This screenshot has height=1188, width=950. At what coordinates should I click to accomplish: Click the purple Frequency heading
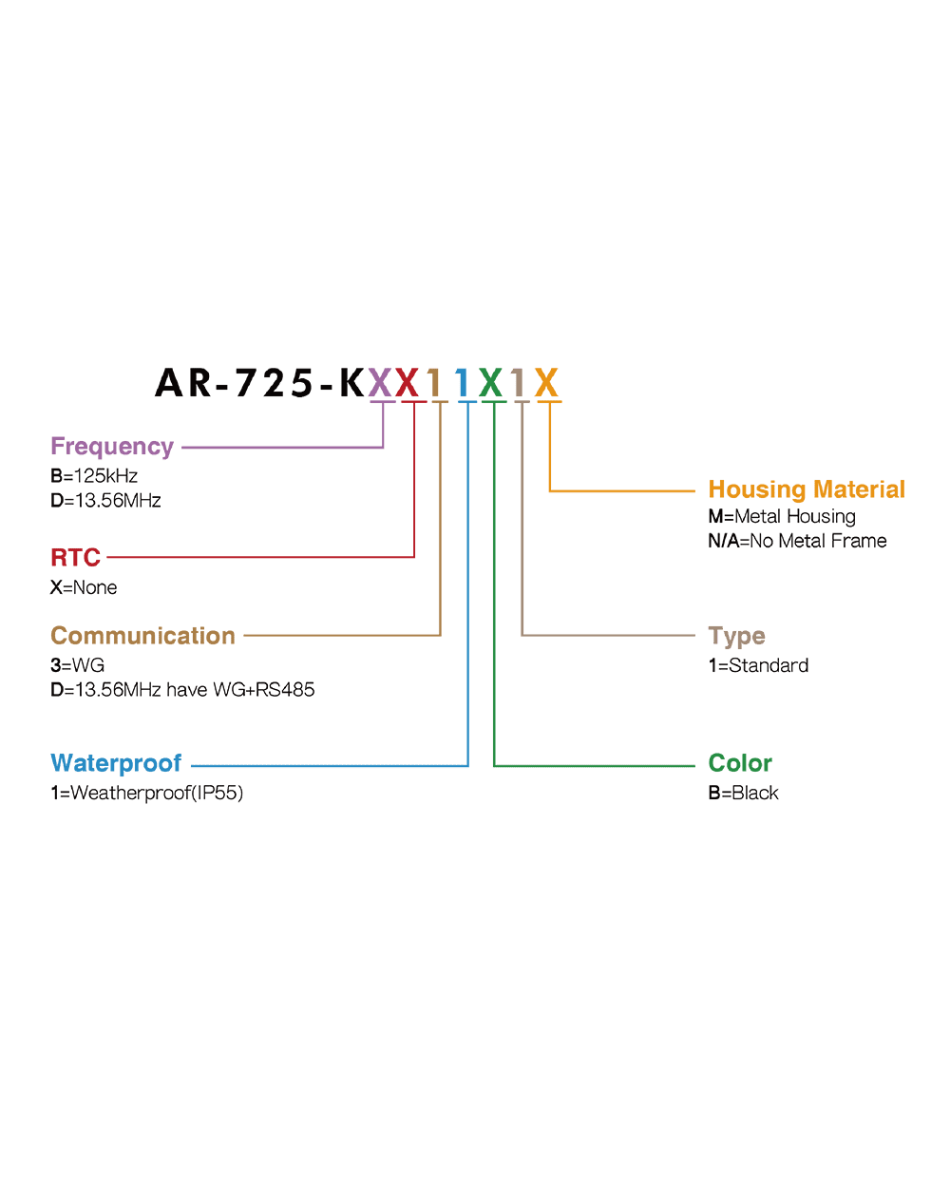coord(112,447)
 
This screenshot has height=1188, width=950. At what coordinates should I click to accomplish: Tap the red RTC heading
coord(75,557)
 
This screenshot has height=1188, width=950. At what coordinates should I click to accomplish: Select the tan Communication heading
coord(142,636)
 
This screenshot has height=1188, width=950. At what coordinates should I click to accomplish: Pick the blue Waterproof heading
coord(116,763)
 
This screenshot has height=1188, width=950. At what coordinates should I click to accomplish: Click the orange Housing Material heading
coord(807,489)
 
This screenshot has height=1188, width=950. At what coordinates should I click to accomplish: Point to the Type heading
coord(736,636)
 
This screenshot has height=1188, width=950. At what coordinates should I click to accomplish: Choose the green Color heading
coord(740,763)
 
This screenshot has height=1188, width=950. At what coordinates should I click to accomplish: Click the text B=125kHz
coord(94,476)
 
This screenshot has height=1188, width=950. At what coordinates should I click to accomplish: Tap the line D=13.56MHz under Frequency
coord(105,500)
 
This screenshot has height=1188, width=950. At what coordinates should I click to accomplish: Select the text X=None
coord(84,587)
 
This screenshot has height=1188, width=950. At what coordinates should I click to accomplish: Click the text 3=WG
coord(78,665)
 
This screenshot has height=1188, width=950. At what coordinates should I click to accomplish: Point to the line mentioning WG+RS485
coord(182,689)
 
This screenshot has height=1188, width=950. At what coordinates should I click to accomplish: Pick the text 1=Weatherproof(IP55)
coord(147,793)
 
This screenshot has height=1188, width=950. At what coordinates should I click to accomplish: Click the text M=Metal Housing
coord(782,517)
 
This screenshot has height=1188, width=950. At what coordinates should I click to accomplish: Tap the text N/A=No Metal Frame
coord(797,541)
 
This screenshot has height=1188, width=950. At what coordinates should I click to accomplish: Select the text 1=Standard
coord(758,665)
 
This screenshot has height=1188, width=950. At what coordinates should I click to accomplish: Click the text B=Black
coord(743,793)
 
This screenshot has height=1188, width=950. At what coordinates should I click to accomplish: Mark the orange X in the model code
coord(546,383)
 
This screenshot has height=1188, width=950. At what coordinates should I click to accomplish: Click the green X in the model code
coord(490,383)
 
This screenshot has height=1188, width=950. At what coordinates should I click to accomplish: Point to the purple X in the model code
coord(380,383)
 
